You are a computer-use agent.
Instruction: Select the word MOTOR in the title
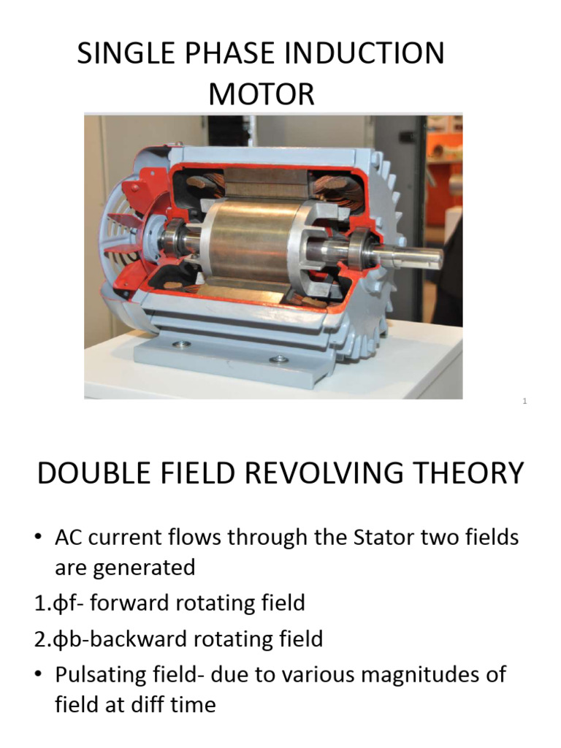(x=262, y=94)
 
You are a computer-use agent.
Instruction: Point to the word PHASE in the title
(x=223, y=55)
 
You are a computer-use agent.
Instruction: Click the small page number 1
(x=525, y=401)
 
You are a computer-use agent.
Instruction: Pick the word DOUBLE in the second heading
(x=86, y=473)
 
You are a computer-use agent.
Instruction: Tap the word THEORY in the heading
(x=472, y=473)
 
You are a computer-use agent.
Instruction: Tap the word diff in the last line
(x=145, y=705)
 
